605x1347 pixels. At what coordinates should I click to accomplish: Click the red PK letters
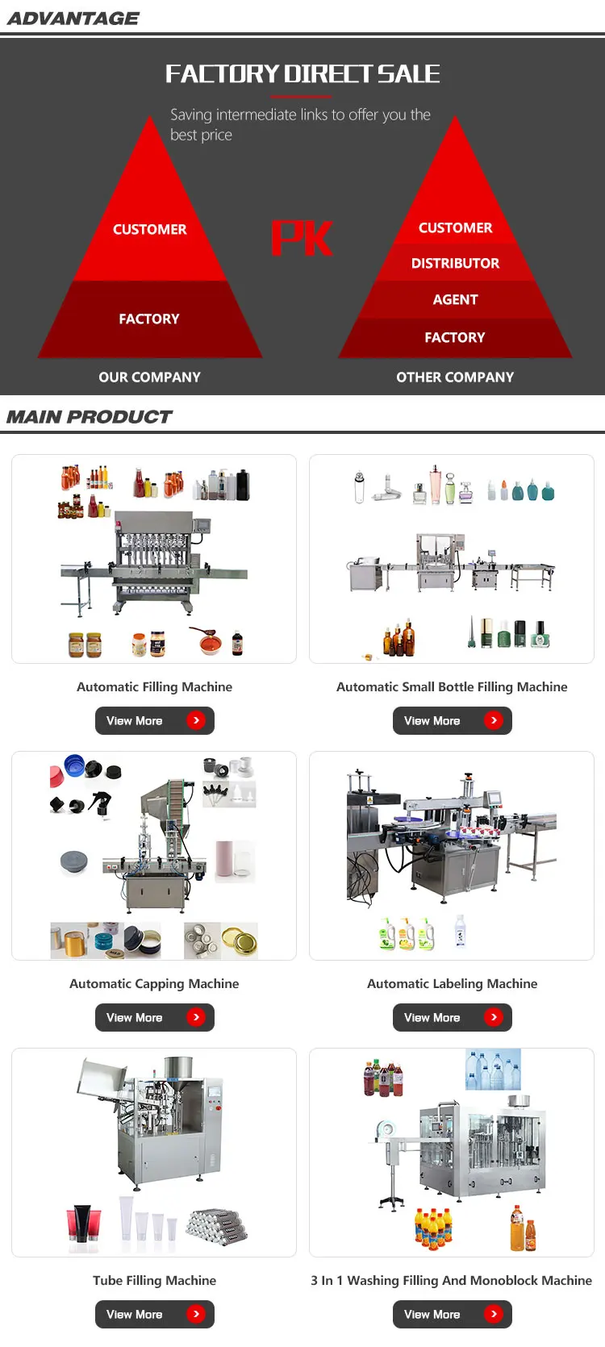[x=302, y=238]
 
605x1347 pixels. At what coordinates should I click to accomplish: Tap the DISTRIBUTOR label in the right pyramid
[x=455, y=264]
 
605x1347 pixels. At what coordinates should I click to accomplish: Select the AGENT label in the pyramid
[x=455, y=299]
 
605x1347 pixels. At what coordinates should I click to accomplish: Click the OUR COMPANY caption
[x=150, y=377]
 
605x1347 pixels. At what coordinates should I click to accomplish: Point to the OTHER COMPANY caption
[x=455, y=377]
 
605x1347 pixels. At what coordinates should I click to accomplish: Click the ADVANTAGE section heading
[x=73, y=19]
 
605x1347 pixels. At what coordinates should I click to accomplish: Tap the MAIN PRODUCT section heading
[x=90, y=417]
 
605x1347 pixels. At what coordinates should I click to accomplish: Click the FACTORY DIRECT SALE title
[x=302, y=74]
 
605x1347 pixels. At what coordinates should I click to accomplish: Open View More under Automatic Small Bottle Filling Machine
[x=453, y=720]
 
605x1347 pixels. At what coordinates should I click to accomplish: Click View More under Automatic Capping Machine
[x=155, y=1017]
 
